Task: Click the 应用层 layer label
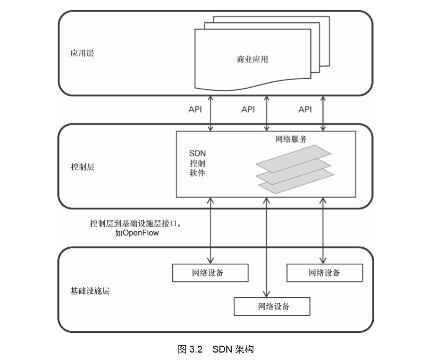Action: pyautogui.click(x=82, y=54)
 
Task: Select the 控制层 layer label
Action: pyautogui.click(x=82, y=167)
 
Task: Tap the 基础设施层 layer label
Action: pyautogui.click(x=89, y=291)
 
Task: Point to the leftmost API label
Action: pyautogui.click(x=196, y=109)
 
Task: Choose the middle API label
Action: pyautogui.click(x=248, y=109)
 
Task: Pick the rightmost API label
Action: pyautogui.click(x=305, y=109)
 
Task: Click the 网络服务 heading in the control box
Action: pyautogui.click(x=291, y=139)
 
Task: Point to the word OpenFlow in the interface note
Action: pyautogui.click(x=140, y=233)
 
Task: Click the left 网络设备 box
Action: pyautogui.click(x=210, y=273)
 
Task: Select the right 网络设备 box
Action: pyautogui.click(x=324, y=273)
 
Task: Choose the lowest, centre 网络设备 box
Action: pyautogui.click(x=272, y=306)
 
